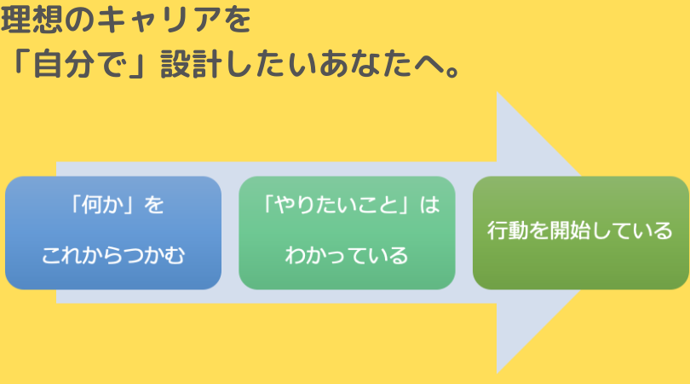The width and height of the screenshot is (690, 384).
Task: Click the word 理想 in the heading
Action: click(32, 20)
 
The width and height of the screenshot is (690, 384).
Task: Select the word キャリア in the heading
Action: click(158, 20)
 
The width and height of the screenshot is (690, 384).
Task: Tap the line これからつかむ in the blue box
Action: click(113, 255)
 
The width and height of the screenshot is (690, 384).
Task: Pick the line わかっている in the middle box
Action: click(347, 255)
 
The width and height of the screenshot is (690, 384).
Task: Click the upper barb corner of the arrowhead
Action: click(497, 92)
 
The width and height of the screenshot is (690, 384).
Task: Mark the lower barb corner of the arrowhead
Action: click(497, 373)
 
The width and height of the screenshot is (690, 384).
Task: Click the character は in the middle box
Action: click(429, 205)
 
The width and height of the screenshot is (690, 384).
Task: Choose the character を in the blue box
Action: click(153, 205)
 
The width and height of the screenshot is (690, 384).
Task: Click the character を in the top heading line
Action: click(238, 20)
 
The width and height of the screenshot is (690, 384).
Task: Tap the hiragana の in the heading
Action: click(80, 20)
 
